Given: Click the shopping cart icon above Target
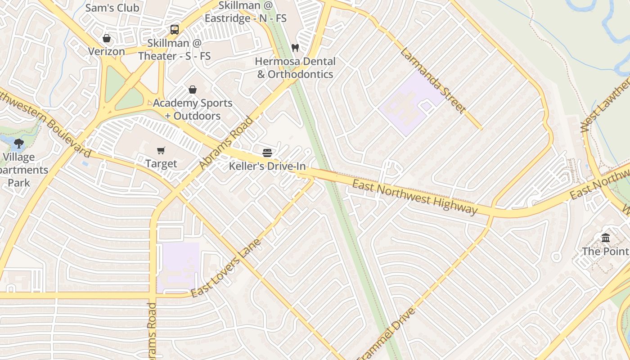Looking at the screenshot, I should tap(161, 150).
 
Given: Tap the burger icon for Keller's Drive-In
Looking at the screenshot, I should tap(267, 153).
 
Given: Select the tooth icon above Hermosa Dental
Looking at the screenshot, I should tap(295, 47).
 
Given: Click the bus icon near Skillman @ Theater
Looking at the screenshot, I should tap(175, 30).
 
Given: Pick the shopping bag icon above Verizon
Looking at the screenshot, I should tap(107, 38).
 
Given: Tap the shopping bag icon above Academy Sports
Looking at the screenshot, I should tap(193, 90).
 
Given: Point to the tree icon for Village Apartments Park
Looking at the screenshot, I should tap(19, 144).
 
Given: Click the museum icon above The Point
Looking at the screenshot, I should tap(606, 238).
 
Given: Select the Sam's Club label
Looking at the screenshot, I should tap(112, 8).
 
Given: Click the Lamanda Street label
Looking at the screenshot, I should tap(432, 81).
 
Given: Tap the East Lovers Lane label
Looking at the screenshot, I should tap(226, 268).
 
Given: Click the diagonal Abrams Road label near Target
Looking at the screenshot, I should tap(226, 144).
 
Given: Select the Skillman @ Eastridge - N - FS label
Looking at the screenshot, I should tap(246, 12).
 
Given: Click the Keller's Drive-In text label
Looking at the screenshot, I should tap(267, 166).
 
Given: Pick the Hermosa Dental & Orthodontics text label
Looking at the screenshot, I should tap(295, 67).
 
